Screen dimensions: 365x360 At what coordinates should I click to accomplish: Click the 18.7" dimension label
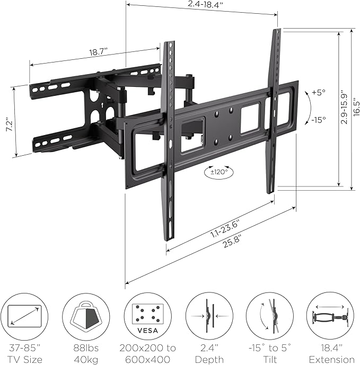click(x=98, y=53)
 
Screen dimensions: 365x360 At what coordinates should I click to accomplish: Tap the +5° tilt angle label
click(x=318, y=93)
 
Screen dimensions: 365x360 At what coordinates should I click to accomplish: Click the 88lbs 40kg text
click(x=85, y=353)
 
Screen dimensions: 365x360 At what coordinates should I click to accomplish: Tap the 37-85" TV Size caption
click(x=23, y=353)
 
